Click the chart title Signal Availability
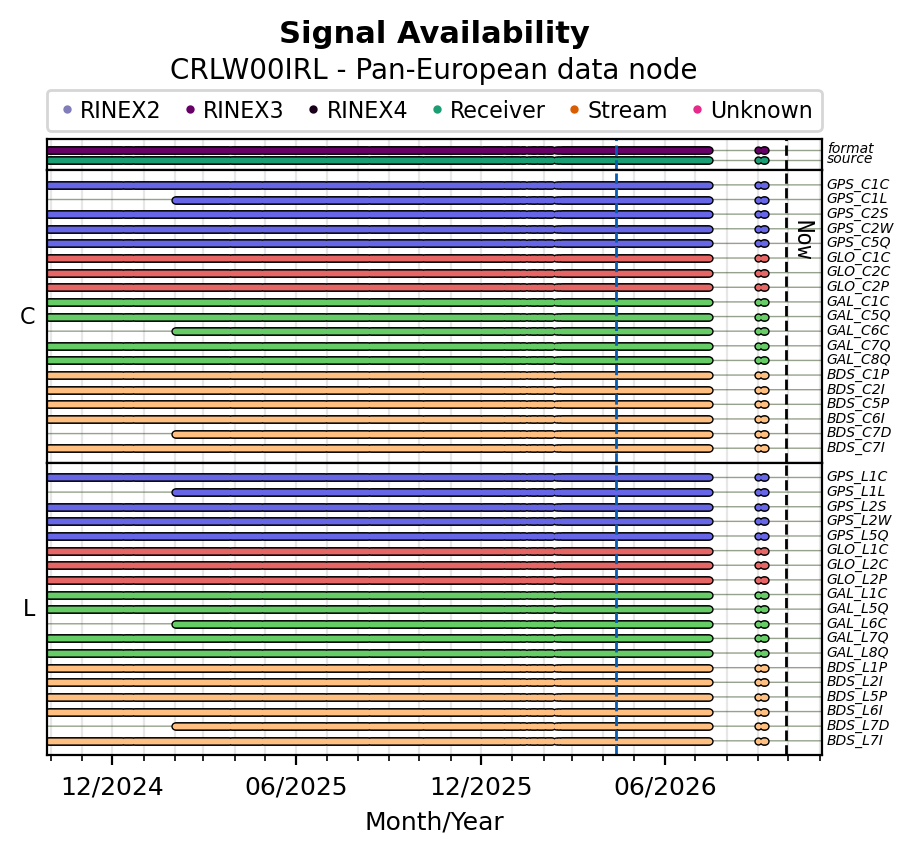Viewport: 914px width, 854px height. pos(434,33)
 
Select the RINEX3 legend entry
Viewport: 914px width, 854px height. pos(234,110)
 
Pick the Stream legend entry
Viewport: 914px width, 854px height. pos(618,110)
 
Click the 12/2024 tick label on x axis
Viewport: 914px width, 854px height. pos(112,787)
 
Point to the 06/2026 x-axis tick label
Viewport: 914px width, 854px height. pos(665,787)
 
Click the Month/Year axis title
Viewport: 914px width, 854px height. pos(434,821)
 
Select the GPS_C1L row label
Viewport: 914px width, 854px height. pos(856,199)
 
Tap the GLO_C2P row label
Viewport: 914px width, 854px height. pos(858,286)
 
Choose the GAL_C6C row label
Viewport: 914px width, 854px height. pos(858,331)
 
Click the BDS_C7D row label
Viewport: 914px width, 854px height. pos(859,433)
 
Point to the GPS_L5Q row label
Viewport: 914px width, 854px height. pos(857,535)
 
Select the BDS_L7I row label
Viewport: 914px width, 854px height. pos(855,740)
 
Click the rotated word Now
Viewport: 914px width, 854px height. pos(805,240)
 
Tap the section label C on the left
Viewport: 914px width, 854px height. pos(27,316)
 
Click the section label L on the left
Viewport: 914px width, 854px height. pos(29,609)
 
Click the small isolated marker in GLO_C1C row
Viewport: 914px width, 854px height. pos(762,258)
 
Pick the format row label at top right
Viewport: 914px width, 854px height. pos(850,148)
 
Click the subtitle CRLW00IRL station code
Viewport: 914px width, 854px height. pos(249,69)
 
